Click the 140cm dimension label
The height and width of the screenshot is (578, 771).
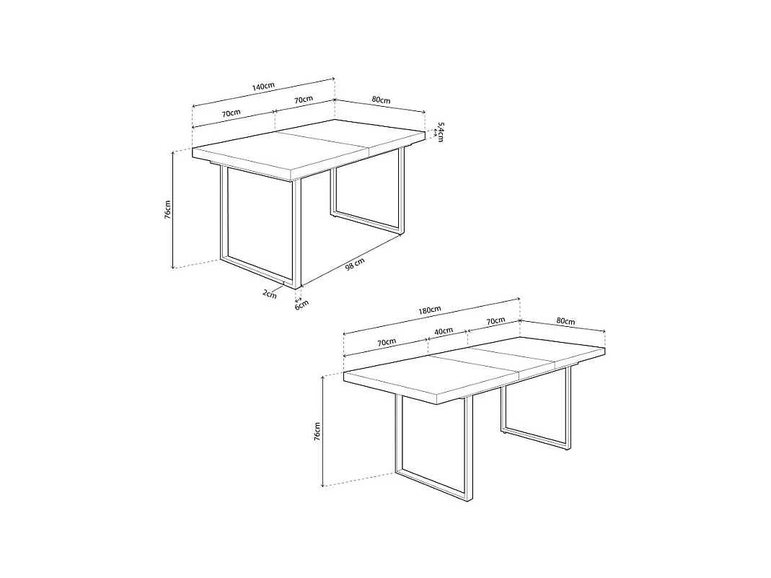click(263, 87)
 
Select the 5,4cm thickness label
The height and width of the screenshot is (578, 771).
click(440, 131)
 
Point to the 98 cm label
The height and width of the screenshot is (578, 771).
click(354, 264)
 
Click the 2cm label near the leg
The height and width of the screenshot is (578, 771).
click(269, 294)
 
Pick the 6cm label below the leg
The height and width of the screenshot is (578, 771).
click(301, 304)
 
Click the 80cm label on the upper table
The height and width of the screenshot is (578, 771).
click(381, 100)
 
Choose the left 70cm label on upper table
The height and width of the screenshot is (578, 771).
click(231, 113)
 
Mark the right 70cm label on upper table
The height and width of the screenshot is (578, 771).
click(303, 99)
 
